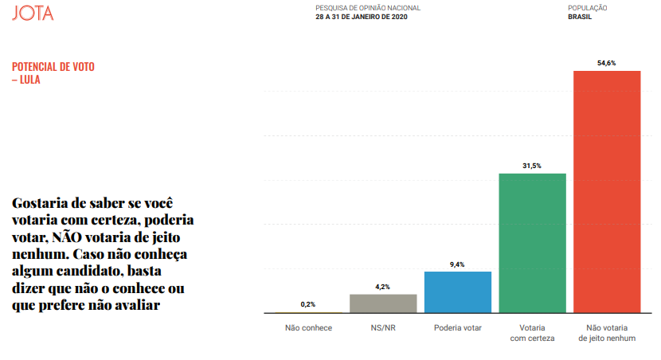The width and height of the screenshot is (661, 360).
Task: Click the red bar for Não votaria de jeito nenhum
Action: click(607, 191)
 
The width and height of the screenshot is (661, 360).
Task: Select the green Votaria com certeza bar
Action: click(532, 243)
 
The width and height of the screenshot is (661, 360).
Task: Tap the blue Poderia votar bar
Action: click(457, 292)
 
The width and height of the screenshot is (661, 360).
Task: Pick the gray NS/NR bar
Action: click(383, 303)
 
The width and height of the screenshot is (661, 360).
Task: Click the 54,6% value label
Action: click(607, 62)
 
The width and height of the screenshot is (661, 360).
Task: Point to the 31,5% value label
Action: click(532, 166)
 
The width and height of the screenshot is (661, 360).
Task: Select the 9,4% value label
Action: click(457, 264)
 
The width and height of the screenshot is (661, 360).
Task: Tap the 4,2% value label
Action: click(383, 287)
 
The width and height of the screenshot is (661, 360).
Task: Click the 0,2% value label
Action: click(308, 304)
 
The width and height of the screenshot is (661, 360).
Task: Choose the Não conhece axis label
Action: click(308, 327)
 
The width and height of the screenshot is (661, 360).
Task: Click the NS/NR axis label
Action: click(383, 327)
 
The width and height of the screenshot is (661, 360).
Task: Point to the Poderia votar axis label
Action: click(457, 327)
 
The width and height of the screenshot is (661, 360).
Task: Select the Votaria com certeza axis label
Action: click(532, 333)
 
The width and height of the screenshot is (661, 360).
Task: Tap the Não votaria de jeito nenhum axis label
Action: click(607, 333)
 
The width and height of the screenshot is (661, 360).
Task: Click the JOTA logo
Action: click(33, 14)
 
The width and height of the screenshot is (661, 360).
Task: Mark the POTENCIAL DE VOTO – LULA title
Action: click(53, 73)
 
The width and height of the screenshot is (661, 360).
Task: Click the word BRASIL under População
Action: click(579, 17)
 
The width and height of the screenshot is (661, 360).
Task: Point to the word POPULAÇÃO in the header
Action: click(588, 8)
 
